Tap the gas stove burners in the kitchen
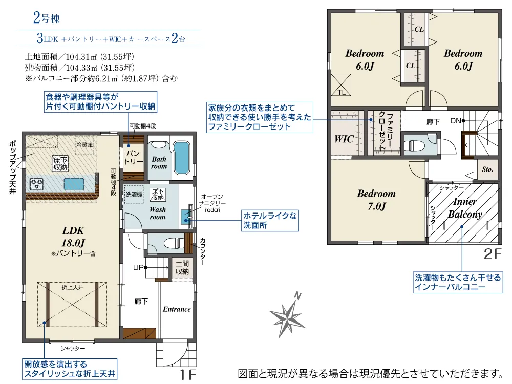36,184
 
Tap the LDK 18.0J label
73,237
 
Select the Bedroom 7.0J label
376,200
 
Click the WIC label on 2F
344,139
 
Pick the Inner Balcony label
465,208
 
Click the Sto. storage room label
487,169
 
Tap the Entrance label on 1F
177,309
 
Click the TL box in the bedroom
341,84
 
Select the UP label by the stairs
138,267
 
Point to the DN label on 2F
456,121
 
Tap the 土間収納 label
182,267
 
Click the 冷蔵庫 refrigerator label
84,145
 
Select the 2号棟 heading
47,17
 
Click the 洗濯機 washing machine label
134,194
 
